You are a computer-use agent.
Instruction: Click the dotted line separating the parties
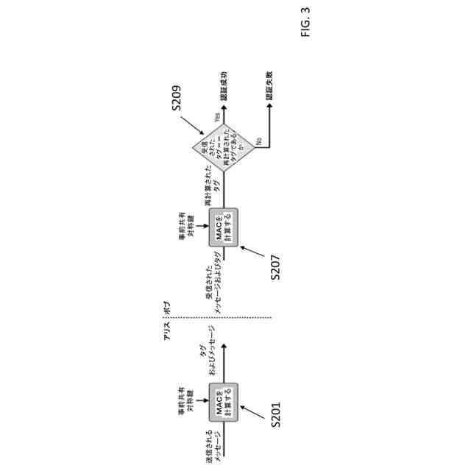[274, 318]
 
